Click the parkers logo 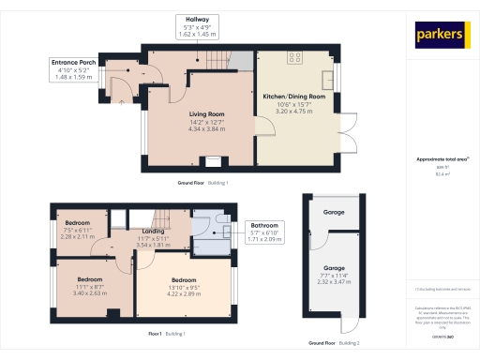(442, 35)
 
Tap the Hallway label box (196, 26)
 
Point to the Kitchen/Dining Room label (293, 97)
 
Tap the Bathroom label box (263, 232)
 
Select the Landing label (154, 230)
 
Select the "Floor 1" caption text (156, 334)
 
